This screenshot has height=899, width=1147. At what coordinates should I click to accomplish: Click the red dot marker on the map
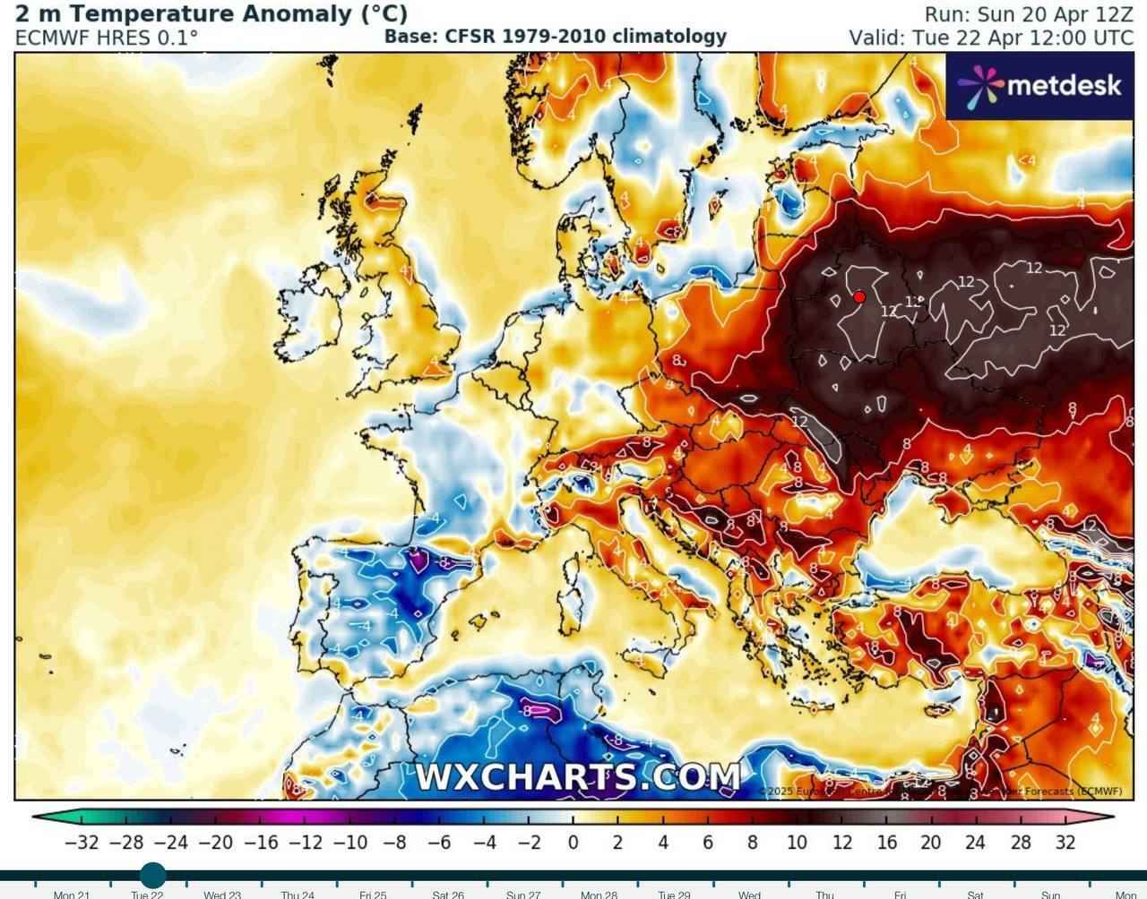point(859,297)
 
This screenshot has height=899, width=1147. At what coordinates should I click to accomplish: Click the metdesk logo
point(1039,85)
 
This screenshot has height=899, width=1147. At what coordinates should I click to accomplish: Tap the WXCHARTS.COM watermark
point(578,776)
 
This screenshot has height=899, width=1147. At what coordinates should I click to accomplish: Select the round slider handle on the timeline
point(153,875)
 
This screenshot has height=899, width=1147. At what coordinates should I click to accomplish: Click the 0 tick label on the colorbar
point(573,843)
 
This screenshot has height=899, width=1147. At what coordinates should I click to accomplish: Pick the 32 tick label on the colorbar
point(1065,843)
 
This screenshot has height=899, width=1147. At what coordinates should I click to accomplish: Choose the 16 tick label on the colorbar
point(886,843)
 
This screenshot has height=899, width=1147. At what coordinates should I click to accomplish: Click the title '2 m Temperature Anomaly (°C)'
point(211,14)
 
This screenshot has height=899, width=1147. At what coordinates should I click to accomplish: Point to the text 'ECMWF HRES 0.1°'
point(107,38)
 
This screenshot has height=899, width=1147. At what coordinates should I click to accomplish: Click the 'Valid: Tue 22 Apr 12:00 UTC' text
point(991,38)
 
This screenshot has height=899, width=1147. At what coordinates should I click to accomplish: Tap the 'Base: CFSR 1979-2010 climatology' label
point(555,37)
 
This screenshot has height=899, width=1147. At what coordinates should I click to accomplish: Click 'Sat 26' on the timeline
point(448,894)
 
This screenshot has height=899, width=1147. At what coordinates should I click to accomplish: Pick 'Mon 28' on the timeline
point(599,894)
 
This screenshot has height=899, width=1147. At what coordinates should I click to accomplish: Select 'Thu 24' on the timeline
point(298,894)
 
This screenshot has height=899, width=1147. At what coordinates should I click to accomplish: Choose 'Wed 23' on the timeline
point(222,894)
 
